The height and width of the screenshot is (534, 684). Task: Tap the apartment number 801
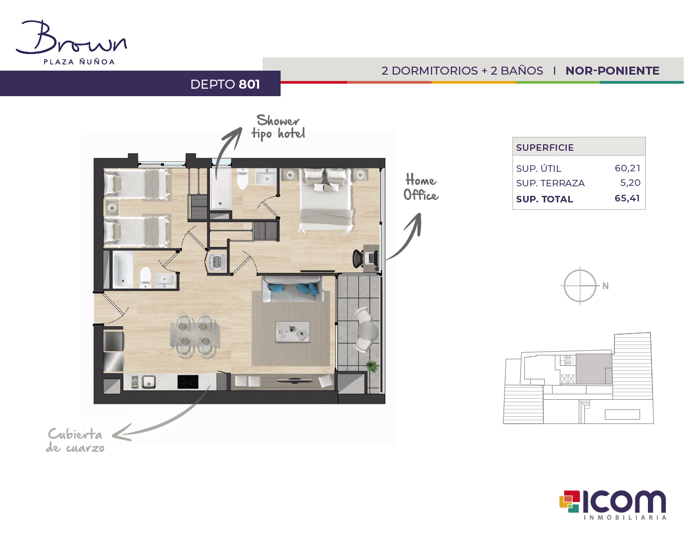click(x=249, y=84)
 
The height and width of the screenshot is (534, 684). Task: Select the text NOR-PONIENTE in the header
click(x=612, y=71)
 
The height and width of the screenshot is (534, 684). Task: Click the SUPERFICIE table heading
click(x=545, y=147)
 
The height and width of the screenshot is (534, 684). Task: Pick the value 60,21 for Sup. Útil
click(x=627, y=168)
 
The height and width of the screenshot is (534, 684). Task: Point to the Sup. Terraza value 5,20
click(x=630, y=182)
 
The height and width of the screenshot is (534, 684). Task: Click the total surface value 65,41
click(x=627, y=198)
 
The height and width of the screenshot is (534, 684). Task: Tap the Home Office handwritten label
click(x=421, y=187)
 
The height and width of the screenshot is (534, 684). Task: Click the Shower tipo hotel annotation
click(x=278, y=127)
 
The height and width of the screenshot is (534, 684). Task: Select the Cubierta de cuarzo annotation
click(x=75, y=440)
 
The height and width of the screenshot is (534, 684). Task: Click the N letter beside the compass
click(x=605, y=286)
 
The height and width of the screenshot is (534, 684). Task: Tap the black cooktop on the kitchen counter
click(x=188, y=382)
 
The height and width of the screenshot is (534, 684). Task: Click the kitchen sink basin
click(x=148, y=382)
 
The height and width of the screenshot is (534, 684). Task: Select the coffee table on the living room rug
click(x=292, y=331)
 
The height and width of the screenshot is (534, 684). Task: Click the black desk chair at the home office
click(x=358, y=258)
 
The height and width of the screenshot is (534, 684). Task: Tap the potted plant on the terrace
click(x=372, y=366)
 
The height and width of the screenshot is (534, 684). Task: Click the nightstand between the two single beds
click(x=111, y=208)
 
